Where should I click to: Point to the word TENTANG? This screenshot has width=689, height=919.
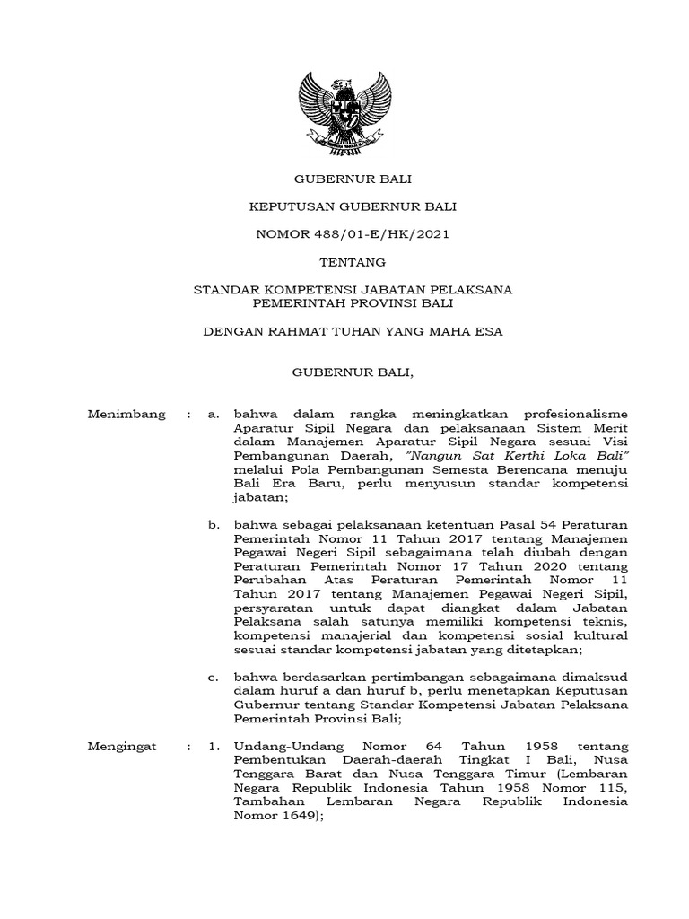[x=353, y=263]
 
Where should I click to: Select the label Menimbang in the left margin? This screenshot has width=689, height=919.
[x=126, y=413]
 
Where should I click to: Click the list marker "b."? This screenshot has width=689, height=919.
[x=214, y=521]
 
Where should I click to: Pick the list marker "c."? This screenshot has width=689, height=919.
[x=214, y=677]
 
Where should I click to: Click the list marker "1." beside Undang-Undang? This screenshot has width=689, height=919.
[x=214, y=746]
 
